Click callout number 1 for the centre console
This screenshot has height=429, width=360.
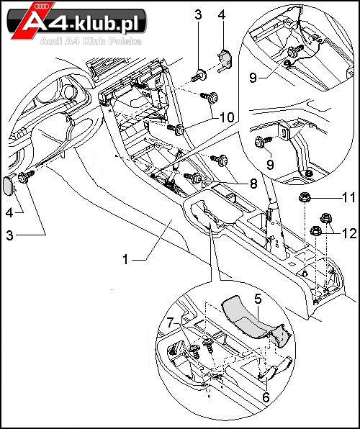(x=125, y=259)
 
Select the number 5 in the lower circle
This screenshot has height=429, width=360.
(x=258, y=299)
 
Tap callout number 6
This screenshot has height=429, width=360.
(x=266, y=397)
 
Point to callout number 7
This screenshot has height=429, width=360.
(x=171, y=323)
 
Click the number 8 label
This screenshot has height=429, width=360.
(x=253, y=184)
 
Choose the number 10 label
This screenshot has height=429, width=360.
(x=228, y=117)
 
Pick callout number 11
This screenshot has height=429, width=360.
(x=349, y=197)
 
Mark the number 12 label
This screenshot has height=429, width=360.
(x=349, y=233)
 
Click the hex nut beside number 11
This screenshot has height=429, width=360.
(x=303, y=197)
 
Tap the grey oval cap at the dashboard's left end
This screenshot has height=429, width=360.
(x=8, y=186)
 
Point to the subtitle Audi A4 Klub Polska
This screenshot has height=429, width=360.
(x=91, y=41)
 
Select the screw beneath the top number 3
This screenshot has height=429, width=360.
(x=200, y=76)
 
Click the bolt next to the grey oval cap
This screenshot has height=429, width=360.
(x=25, y=177)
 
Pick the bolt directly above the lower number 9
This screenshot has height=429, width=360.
(x=263, y=142)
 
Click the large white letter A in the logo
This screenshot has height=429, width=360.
(x=30, y=22)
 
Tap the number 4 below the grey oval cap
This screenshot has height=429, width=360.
(x=9, y=213)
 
